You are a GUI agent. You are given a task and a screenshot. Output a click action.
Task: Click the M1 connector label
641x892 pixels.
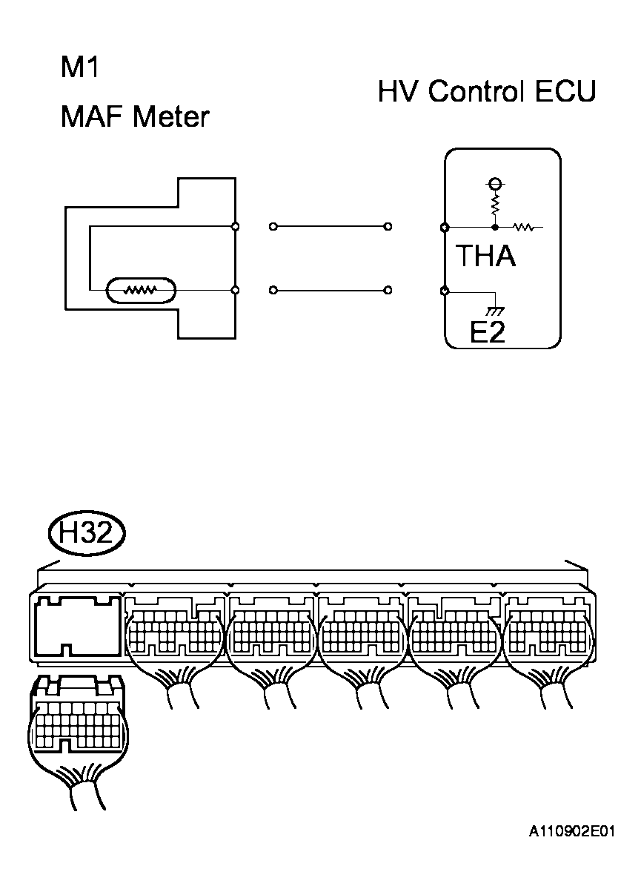coord(80,69)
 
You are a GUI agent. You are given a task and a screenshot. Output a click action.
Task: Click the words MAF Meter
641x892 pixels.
coord(135,117)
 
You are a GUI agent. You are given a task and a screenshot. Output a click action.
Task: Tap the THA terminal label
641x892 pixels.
coord(485,257)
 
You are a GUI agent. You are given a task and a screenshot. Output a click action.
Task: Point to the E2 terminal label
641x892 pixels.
coord(488,332)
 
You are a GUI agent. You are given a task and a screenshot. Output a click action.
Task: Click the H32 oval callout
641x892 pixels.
coord(86,534)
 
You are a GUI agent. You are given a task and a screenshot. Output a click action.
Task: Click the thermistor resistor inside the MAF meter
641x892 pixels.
coord(141,290)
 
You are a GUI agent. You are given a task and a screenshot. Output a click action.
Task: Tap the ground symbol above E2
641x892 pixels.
coord(491,306)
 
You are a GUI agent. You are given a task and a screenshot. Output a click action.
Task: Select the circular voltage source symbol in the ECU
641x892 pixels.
coord(494,182)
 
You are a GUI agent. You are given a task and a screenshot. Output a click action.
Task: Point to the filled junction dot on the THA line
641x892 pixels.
coord(494,226)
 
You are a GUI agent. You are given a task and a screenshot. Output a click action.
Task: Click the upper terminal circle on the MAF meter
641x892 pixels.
coord(235,226)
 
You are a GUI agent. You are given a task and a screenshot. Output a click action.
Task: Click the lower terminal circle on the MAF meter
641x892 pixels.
coord(235,290)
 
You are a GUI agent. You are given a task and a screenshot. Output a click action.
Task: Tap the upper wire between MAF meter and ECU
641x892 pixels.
coord(331,226)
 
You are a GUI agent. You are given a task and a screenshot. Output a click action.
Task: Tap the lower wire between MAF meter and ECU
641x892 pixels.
coord(331,290)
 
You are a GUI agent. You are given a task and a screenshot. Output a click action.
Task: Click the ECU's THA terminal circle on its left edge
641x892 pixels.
coord(444,226)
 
